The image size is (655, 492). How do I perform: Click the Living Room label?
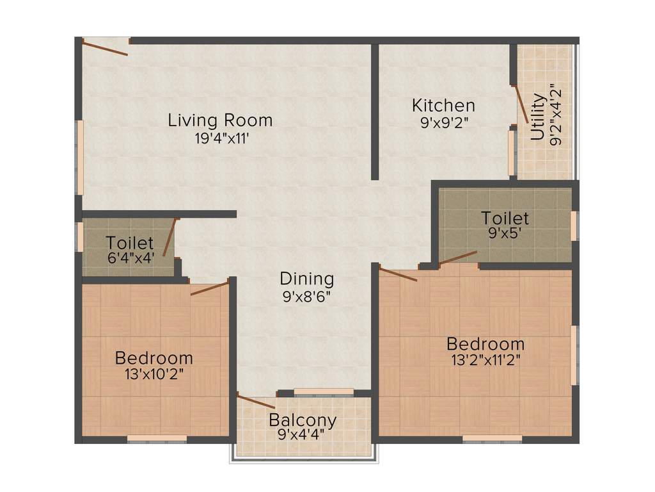(220, 120)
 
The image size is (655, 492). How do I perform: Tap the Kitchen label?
(443, 105)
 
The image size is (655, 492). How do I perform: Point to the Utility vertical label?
(539, 117)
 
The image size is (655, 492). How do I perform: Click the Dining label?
(307, 279)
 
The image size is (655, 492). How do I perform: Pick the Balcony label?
(303, 420)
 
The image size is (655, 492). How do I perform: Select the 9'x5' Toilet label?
(505, 218)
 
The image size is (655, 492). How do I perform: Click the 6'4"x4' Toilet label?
(130, 243)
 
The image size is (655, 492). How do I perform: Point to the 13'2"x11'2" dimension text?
(485, 360)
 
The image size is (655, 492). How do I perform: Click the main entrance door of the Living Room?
(106, 48)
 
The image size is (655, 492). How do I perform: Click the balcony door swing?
(256, 402)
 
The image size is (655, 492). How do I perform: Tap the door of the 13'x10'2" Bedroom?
(210, 288)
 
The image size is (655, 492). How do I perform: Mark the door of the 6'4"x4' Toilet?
(169, 237)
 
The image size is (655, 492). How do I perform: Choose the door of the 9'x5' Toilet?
(458, 258)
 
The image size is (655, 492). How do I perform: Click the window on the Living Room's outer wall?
(80, 157)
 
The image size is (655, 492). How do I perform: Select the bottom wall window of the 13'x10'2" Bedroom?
(157, 439)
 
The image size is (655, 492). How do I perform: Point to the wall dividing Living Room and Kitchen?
(375, 112)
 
